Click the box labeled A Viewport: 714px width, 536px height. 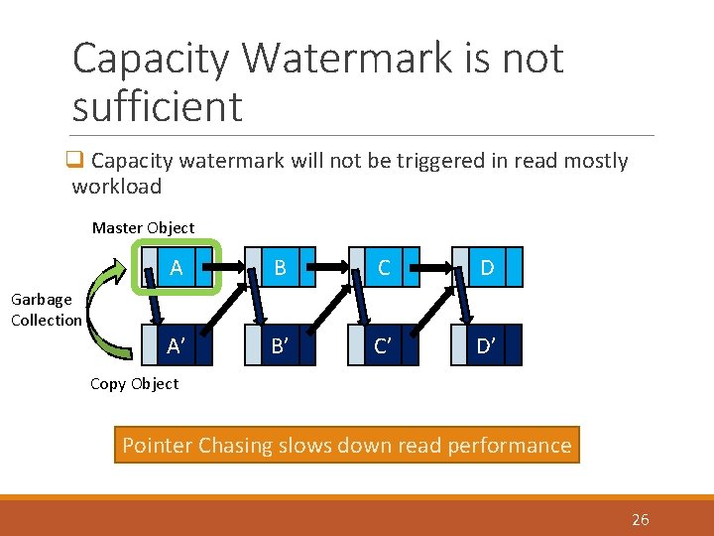pos(177,268)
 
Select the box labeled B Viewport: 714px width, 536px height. pos(281,268)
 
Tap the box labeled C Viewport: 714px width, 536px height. pos(384,268)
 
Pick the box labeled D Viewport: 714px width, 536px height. pos(488,268)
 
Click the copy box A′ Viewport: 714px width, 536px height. pos(177,345)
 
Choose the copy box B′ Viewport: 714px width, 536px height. pos(281,345)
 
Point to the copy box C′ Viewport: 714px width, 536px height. pos(384,345)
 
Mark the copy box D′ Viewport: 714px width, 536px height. pos(488,345)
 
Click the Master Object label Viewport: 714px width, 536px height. pos(143,227)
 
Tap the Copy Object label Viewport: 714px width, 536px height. pos(134,384)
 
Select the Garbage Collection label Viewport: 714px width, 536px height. pos(46,310)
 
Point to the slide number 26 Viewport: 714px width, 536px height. pos(640,519)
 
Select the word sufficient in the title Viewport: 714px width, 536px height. pos(157,106)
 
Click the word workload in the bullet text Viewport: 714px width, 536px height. pos(116,186)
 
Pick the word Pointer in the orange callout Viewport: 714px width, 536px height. pos(157,446)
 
